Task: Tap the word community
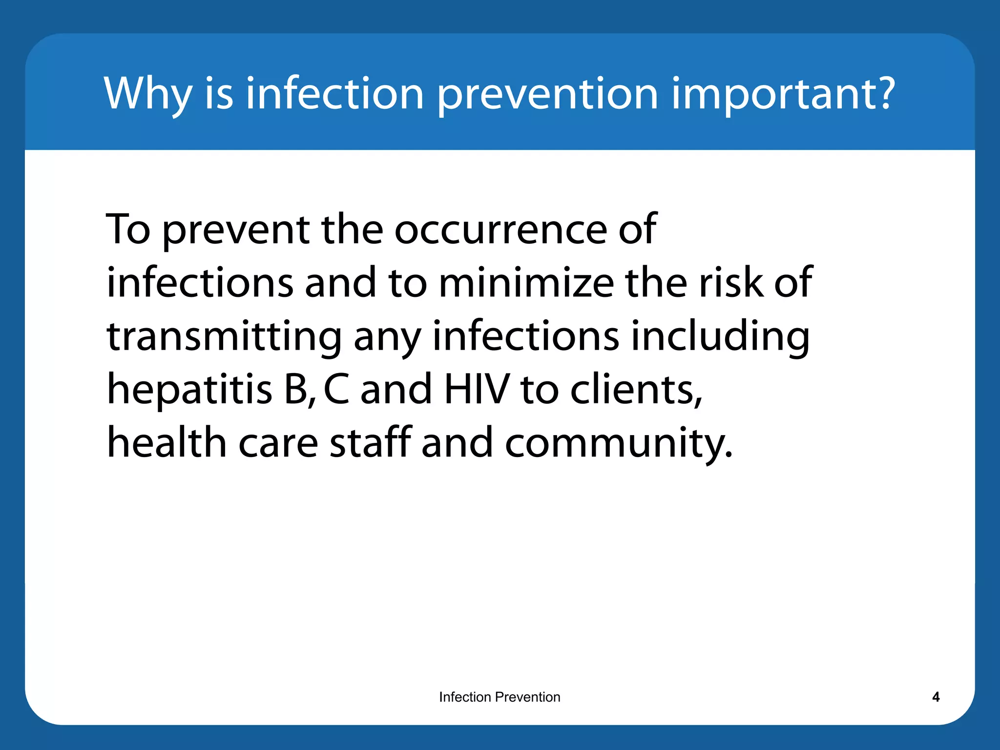pyautogui.click(x=618, y=443)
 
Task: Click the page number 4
pyautogui.click(x=936, y=697)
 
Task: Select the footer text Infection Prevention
pyautogui.click(x=500, y=697)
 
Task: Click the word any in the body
pyautogui.click(x=387, y=338)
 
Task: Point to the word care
pyautogui.click(x=278, y=443)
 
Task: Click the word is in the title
pyautogui.click(x=219, y=94)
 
